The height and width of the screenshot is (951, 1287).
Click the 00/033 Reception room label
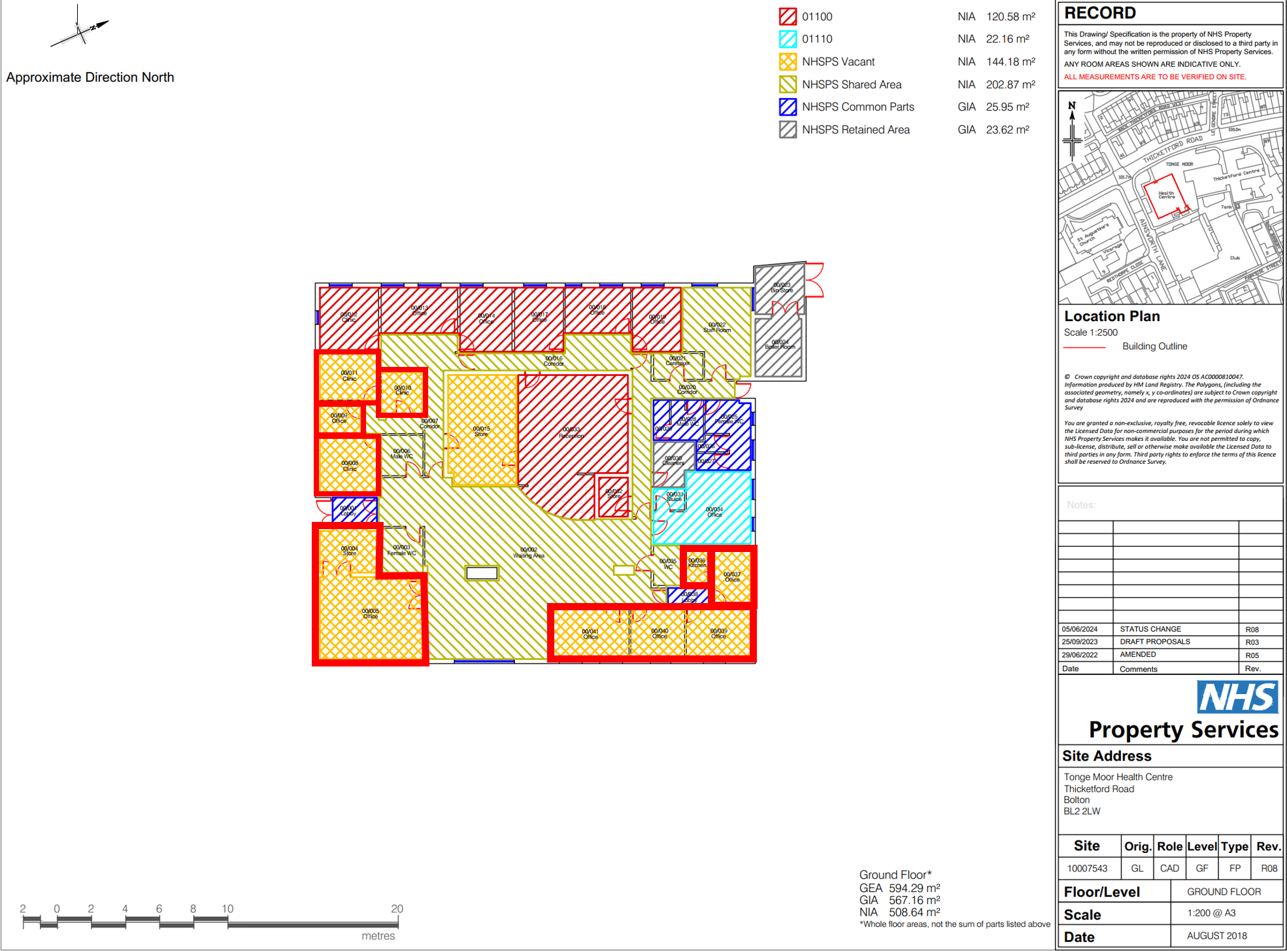coord(571,433)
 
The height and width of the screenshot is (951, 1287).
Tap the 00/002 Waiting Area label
coord(528,553)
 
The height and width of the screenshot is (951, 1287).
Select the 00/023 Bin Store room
coord(781,288)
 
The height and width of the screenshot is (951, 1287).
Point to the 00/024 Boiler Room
coord(779,345)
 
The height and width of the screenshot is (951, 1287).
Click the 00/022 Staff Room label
coord(716,327)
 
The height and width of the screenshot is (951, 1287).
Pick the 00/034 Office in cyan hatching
coord(714,511)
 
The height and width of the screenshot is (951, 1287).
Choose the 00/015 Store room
coord(481,431)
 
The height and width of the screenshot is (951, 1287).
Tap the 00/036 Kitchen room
coord(697,563)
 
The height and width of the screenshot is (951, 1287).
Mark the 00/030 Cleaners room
coord(673,460)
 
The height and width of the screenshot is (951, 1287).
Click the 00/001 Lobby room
coord(348,511)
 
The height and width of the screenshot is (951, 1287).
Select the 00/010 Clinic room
coord(402,390)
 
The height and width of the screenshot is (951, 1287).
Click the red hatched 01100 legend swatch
coord(788,16)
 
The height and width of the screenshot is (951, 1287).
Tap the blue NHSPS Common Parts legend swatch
coord(788,107)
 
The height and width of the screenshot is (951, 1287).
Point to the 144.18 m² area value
coord(1010,61)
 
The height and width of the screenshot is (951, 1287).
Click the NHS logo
coord(1237,697)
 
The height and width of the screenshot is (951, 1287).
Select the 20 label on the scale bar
coord(397,908)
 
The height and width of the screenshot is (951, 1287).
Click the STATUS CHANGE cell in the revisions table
coord(1150,629)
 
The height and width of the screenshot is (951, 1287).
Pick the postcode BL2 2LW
coord(1082,811)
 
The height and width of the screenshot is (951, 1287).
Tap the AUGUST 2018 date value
coord(1216,936)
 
